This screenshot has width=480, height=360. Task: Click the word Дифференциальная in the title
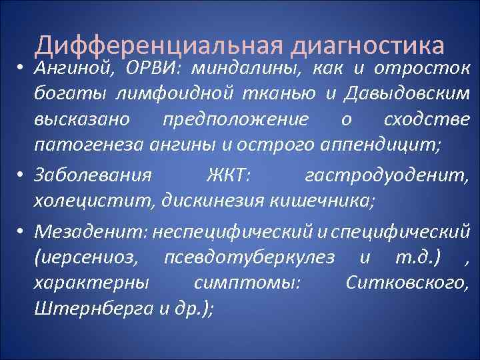tap(159, 45)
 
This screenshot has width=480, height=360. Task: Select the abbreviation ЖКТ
tap(229, 176)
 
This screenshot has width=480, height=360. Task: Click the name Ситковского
tap(407, 282)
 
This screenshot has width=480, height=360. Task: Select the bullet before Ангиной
tap(23, 70)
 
